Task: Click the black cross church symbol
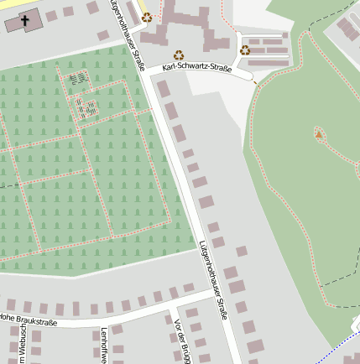pyautogui.click(x=25, y=19)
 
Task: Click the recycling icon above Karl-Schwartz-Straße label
pyautogui.click(x=178, y=55)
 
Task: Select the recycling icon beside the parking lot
pyautogui.click(x=245, y=49)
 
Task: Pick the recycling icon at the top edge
pyautogui.click(x=147, y=16)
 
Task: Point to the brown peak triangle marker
pyautogui.click(x=318, y=133)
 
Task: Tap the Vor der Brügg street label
pyautogui.click(x=177, y=340)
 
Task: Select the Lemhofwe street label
pyautogui.click(x=103, y=344)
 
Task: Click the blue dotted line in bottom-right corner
pyautogui.click(x=340, y=345)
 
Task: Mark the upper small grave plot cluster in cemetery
pyautogui.click(x=78, y=79)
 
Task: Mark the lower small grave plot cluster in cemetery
pyautogui.click(x=86, y=107)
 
